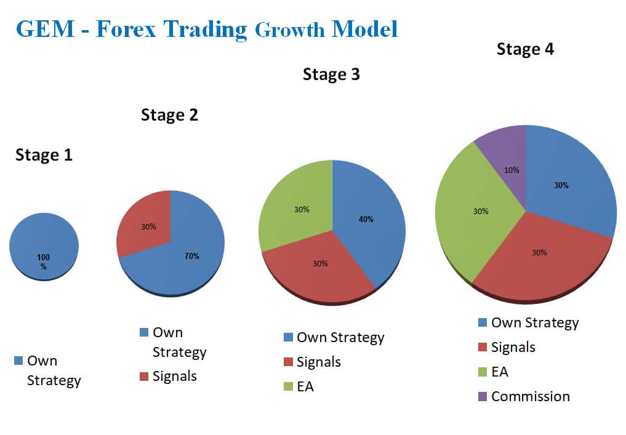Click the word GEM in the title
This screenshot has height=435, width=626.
[46, 29]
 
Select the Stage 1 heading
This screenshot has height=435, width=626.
[44, 155]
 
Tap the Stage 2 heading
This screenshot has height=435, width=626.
[170, 115]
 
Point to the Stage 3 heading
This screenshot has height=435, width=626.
[331, 74]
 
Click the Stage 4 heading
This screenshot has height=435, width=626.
[526, 49]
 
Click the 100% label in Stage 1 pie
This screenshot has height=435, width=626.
[44, 261]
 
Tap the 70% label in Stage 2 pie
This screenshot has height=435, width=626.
[191, 256]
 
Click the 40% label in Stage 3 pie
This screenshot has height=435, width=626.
[366, 219]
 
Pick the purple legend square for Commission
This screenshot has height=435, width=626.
[483, 397]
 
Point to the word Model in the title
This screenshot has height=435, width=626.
[365, 29]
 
